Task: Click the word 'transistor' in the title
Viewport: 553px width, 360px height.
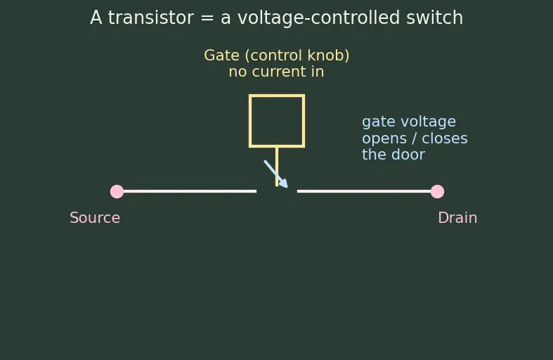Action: (x=150, y=18)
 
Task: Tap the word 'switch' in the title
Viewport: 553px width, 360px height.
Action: (x=434, y=18)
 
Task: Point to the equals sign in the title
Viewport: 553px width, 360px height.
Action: (x=207, y=18)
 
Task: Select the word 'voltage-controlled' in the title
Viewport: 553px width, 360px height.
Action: (x=318, y=18)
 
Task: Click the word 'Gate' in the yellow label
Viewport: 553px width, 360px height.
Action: (x=221, y=56)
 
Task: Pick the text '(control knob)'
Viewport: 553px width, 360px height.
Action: (x=297, y=56)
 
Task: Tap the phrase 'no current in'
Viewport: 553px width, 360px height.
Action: (x=276, y=72)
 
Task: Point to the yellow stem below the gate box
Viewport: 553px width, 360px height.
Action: (x=277, y=167)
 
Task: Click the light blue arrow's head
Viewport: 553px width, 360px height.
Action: (x=284, y=184)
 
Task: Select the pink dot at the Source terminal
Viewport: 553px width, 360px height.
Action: (x=117, y=192)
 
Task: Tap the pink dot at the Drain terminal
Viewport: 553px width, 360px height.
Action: (x=437, y=192)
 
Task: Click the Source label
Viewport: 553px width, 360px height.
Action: (x=95, y=218)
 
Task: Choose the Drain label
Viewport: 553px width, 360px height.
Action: (x=457, y=218)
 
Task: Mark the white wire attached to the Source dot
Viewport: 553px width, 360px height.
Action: (x=190, y=191)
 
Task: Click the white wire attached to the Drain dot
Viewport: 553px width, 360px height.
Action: (x=364, y=191)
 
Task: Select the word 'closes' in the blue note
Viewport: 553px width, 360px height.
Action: (x=445, y=138)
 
